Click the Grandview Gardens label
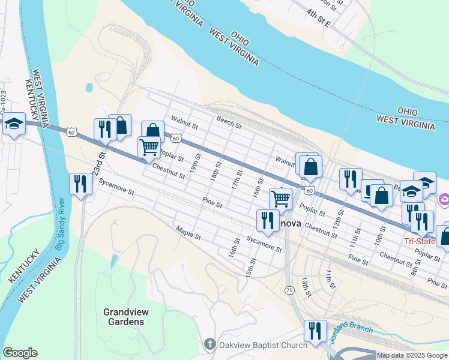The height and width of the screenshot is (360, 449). pyautogui.click(x=124, y=317)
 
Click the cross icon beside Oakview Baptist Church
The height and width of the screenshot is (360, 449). pyautogui.click(x=209, y=344)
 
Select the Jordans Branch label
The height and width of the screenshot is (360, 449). pyautogui.click(x=351, y=334)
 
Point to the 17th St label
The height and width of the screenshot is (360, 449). pyautogui.click(x=238, y=179)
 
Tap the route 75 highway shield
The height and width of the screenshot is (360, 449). pyautogui.click(x=289, y=290)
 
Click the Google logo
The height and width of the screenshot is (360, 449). pyautogui.click(x=20, y=353)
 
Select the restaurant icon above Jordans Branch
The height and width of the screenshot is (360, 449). pyautogui.click(x=315, y=330)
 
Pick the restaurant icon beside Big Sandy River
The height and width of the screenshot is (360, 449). pyautogui.click(x=80, y=183)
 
